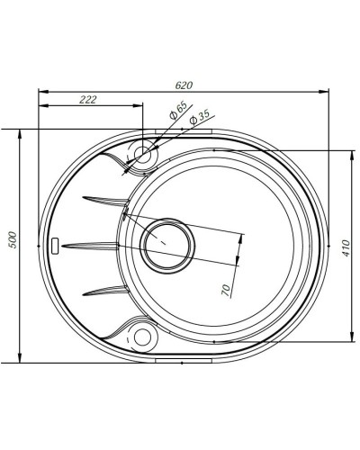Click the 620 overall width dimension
pos(183,85)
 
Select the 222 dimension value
pos(88,99)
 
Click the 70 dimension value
pos(226,288)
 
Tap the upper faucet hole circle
pos(143,154)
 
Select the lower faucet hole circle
pos(142,337)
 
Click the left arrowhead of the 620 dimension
pos(42,91)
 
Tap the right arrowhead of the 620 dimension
pos(324,91)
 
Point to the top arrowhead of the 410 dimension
pos(349,152)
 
